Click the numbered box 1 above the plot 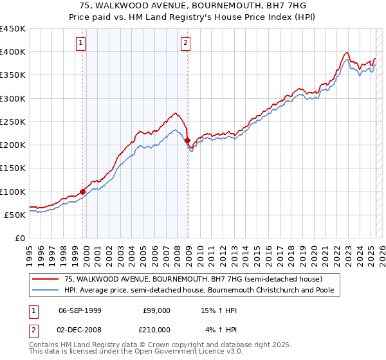point(81,43)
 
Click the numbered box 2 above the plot point(185,43)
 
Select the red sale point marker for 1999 point(83,192)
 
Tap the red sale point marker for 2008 point(187,140)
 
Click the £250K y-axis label point(13,122)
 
